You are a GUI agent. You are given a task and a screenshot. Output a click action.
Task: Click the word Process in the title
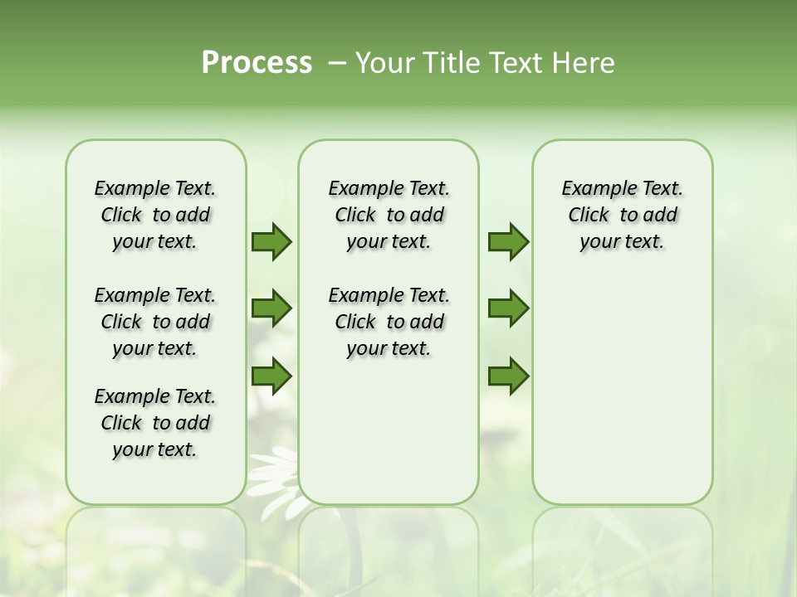coord(257,62)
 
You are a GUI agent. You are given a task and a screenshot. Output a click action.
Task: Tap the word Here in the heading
coord(584,62)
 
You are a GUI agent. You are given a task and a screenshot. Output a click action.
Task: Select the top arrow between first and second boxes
coord(271,242)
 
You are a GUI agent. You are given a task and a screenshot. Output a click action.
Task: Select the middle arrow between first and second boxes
coord(271,308)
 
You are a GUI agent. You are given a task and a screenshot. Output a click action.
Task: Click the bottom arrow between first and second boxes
coord(271,376)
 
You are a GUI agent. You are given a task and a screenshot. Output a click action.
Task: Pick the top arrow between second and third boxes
coord(508,242)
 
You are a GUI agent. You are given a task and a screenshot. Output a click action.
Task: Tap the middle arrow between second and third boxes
coord(508,308)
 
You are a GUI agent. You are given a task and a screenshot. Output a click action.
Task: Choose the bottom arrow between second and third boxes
coord(508,376)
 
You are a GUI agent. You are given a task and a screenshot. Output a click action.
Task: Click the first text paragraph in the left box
coord(155,215)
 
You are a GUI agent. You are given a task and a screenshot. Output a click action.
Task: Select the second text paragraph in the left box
coord(155,322)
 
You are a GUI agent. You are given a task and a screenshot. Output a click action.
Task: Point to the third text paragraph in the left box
coord(155,423)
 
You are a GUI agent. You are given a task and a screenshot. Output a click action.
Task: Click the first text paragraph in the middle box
coord(389,215)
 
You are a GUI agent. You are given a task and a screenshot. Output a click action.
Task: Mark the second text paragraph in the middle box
coord(389,322)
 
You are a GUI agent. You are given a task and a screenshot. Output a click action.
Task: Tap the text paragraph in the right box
coord(622,215)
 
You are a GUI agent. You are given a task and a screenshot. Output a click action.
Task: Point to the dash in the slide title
coord(337,63)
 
